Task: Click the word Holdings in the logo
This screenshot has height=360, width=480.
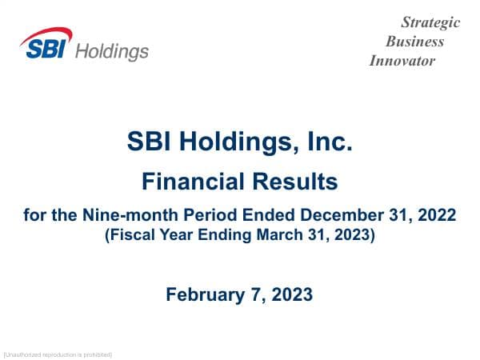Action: [111, 51]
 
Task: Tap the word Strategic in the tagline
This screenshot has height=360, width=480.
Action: [430, 22]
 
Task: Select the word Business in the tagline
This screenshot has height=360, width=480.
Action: [414, 42]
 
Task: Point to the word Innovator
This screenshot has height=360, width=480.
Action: [402, 61]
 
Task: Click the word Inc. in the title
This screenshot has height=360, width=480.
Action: [330, 143]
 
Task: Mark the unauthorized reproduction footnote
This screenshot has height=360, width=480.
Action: [58, 354]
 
